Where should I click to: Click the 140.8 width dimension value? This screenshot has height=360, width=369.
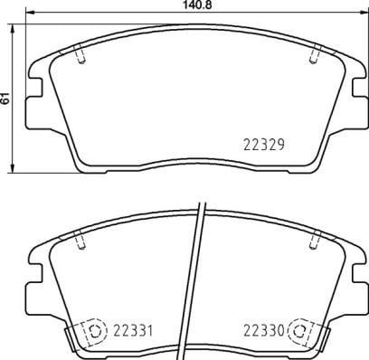point(196,5)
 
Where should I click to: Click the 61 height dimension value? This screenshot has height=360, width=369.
point(5,99)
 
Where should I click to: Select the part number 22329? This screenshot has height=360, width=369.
point(264,145)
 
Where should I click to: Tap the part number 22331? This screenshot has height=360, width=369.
point(133,331)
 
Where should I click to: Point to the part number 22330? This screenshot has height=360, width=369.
point(264,331)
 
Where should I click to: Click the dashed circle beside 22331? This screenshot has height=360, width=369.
point(94,331)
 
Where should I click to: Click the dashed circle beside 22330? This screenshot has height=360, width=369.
point(300,331)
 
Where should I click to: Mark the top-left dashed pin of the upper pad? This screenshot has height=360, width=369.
point(80,53)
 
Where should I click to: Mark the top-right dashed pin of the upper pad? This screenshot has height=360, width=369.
point(315,53)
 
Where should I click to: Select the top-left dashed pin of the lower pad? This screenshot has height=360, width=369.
point(80,240)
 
